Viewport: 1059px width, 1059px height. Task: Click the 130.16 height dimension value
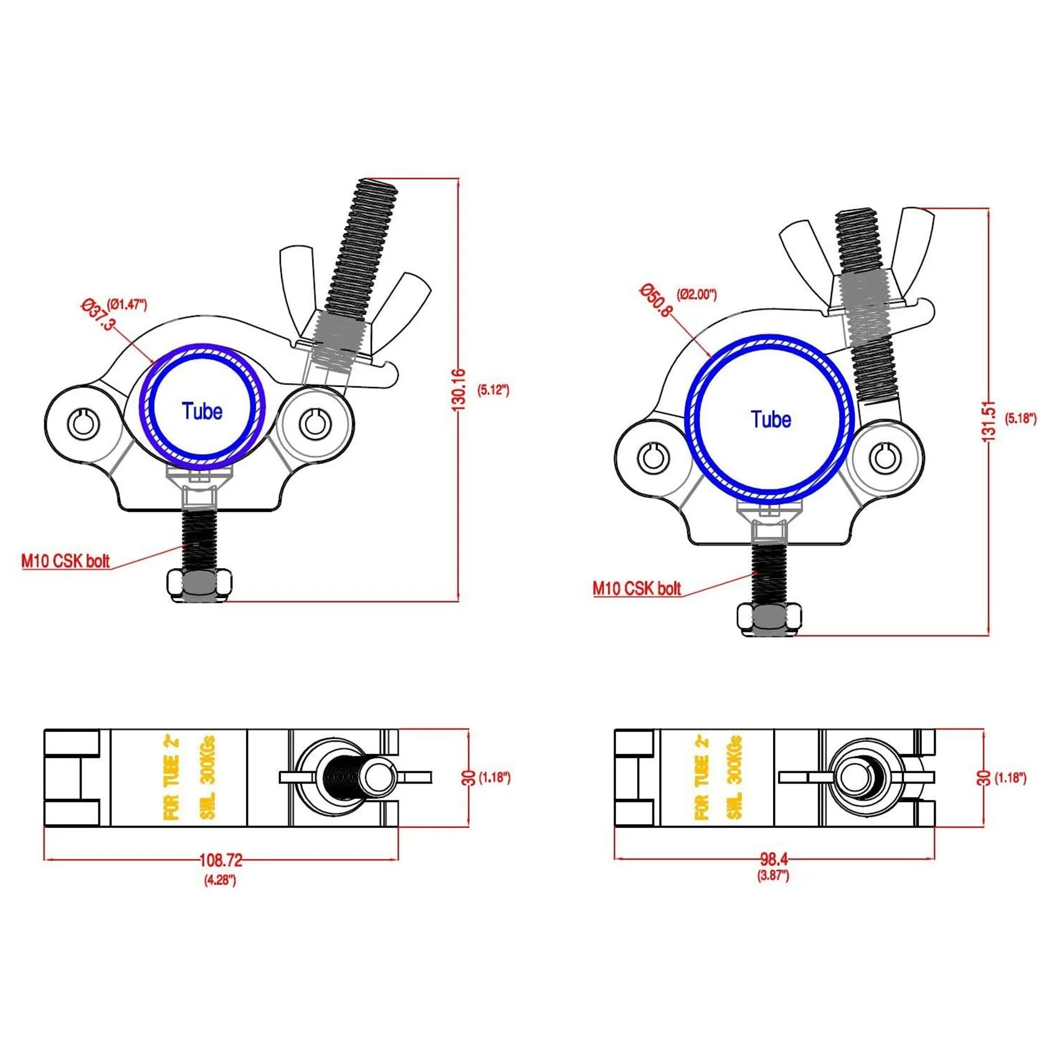pos(458,389)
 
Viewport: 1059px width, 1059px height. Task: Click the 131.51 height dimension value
pos(989,422)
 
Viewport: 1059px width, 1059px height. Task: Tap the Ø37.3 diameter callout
pos(98,315)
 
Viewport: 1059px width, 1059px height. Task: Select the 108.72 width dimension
pos(221,860)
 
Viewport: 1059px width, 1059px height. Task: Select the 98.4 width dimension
pos(774,859)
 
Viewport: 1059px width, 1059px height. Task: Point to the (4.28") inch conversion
pos(220,880)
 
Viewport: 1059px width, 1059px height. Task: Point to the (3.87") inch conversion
pos(773,875)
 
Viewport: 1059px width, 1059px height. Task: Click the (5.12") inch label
pos(493,390)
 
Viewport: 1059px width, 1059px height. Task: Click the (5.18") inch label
pos(1020,418)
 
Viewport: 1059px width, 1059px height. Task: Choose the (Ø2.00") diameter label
pos(696,294)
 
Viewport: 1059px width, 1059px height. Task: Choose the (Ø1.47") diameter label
pos(127,304)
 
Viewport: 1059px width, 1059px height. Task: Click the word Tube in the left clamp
pos(202,411)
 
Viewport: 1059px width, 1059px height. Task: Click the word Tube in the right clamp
pos(771,419)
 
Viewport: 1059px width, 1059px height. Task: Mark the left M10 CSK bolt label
pos(65,561)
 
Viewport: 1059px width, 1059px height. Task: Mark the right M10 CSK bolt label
pos(637,588)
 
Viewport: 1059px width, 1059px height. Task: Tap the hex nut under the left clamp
pos(199,584)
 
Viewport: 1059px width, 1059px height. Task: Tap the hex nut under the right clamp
pos(769,618)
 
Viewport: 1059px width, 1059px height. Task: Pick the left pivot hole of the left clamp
pos(83,424)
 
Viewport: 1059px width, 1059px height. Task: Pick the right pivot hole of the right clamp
pos(885,458)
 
